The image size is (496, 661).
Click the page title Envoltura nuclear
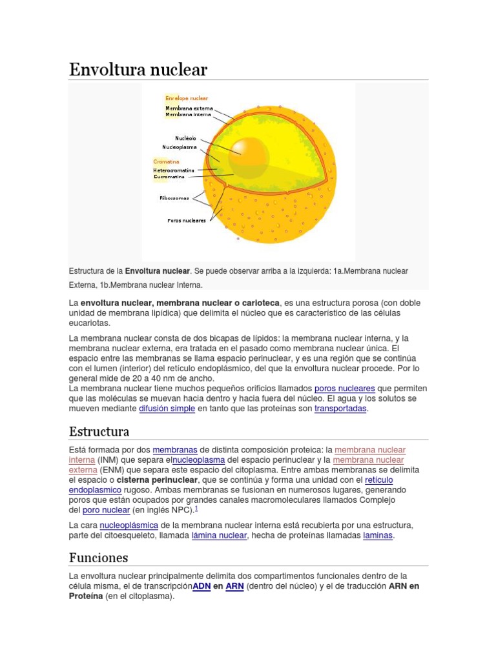[x=138, y=69]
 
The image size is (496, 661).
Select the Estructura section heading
[x=99, y=431]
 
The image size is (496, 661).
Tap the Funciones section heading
[x=98, y=557]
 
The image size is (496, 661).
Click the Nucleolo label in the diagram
[x=185, y=138]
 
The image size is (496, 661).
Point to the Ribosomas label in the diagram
[x=174, y=198]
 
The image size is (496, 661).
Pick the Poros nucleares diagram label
[x=186, y=220]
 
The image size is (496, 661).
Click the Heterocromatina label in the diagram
[x=174, y=170]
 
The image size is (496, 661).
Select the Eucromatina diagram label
[x=169, y=176]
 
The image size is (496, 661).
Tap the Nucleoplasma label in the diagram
[x=180, y=147]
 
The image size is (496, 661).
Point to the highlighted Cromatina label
[x=166, y=161]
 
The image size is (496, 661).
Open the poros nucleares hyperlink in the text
[x=344, y=389]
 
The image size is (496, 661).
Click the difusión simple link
[x=167, y=409]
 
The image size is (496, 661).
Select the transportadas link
[x=340, y=409]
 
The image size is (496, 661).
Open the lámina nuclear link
[x=219, y=535]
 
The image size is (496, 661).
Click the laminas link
[x=378, y=535]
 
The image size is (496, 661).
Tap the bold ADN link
[x=201, y=586]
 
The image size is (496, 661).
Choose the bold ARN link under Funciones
[x=234, y=586]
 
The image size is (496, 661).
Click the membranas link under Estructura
[x=175, y=449]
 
